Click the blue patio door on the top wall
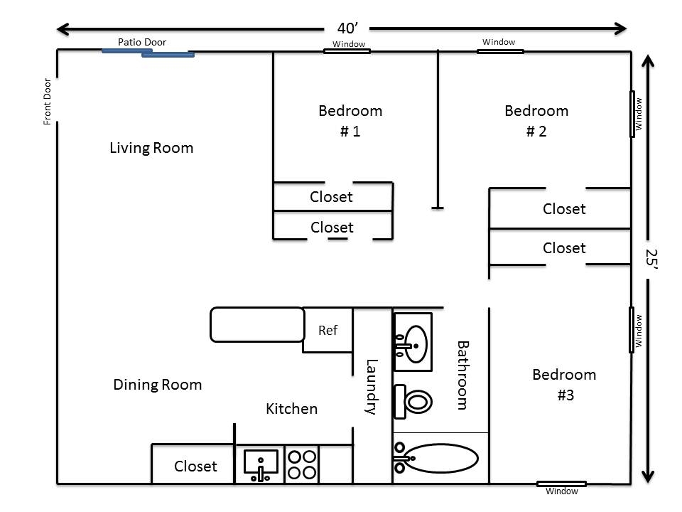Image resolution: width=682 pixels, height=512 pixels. pyautogui.click(x=148, y=53)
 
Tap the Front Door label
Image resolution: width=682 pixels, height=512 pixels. pyautogui.click(x=47, y=102)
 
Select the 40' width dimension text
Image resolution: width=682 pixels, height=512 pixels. pyautogui.click(x=347, y=28)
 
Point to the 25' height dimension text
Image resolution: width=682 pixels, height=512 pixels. pyautogui.click(x=651, y=259)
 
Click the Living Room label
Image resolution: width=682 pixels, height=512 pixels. pyautogui.click(x=151, y=148)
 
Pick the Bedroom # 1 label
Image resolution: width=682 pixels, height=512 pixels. pyautogui.click(x=350, y=121)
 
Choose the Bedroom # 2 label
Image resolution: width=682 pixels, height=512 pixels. pyautogui.click(x=536, y=121)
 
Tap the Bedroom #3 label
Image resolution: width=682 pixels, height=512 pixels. pyautogui.click(x=564, y=385)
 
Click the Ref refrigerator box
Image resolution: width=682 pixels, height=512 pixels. pyautogui.click(x=328, y=330)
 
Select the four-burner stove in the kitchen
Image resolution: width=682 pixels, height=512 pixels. pyautogui.click(x=302, y=464)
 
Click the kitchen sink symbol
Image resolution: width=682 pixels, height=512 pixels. pyautogui.click(x=260, y=464)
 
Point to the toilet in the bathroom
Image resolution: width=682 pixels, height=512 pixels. pyautogui.click(x=412, y=401)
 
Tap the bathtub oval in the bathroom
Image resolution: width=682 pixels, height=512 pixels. pyautogui.click(x=440, y=458)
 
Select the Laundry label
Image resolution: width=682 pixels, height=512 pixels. pyautogui.click(x=371, y=387)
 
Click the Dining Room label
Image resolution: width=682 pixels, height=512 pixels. pyautogui.click(x=158, y=385)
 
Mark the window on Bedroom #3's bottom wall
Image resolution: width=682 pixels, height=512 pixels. pyautogui.click(x=561, y=484)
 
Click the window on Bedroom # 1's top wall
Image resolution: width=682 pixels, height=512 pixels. pyautogui.click(x=347, y=51)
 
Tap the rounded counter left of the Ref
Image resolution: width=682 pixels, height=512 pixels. pyautogui.click(x=257, y=325)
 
